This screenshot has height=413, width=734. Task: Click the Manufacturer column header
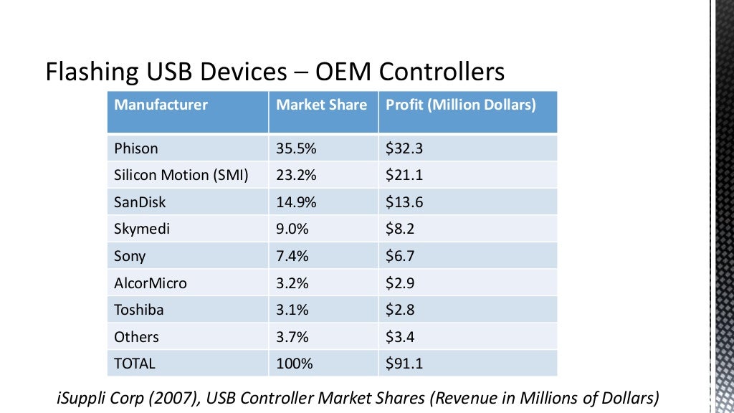(161, 105)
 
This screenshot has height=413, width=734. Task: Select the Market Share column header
(321, 105)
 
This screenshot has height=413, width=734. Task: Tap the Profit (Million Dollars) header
(461, 105)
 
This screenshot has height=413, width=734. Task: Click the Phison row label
(136, 148)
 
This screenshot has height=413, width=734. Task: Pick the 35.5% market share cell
(297, 148)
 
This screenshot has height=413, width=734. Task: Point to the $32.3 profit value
(404, 148)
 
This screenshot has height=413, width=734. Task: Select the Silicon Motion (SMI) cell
(181, 175)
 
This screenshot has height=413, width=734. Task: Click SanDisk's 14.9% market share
(297, 202)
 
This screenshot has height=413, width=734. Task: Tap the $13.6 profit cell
(404, 202)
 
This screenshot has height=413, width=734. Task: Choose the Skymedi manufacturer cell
(142, 229)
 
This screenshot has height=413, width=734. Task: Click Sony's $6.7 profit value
(400, 256)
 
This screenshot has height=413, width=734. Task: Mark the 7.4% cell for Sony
(292, 256)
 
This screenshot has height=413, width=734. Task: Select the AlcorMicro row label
(151, 283)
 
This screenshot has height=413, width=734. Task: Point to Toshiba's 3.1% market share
(292, 310)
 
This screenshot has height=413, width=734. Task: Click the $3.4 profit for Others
(400, 337)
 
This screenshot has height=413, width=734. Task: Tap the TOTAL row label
(135, 364)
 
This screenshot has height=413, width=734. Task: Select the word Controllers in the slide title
(442, 72)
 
